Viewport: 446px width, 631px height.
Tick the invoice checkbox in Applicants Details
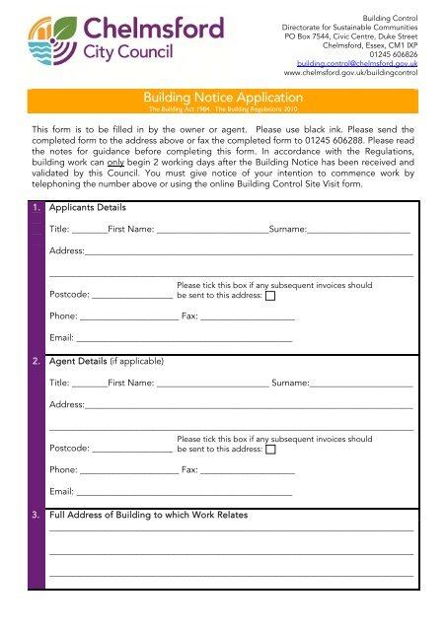[x=270, y=295]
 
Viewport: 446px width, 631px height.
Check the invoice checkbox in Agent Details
[x=270, y=449]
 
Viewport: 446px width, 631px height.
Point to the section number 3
[x=35, y=516]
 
